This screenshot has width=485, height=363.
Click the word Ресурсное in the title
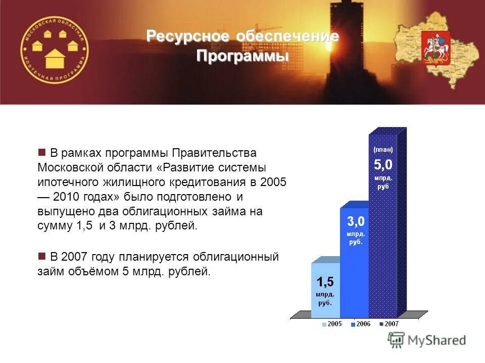pyautogui.click(x=184, y=36)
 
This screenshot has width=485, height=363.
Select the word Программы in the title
pyautogui.click(x=243, y=55)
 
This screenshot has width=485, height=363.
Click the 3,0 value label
pyautogui.click(x=355, y=221)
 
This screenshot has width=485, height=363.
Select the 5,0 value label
pyautogui.click(x=383, y=165)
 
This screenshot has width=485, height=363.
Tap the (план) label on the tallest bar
pyautogui.click(x=383, y=150)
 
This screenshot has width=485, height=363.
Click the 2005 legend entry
pyautogui.click(x=334, y=324)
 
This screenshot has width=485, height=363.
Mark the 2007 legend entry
pyautogui.click(x=391, y=324)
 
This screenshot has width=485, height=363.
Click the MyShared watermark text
pyautogui.click(x=437, y=340)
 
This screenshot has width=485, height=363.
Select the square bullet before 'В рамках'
pyautogui.click(x=42, y=152)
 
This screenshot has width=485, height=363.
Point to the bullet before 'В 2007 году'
pyautogui.click(x=42, y=256)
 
